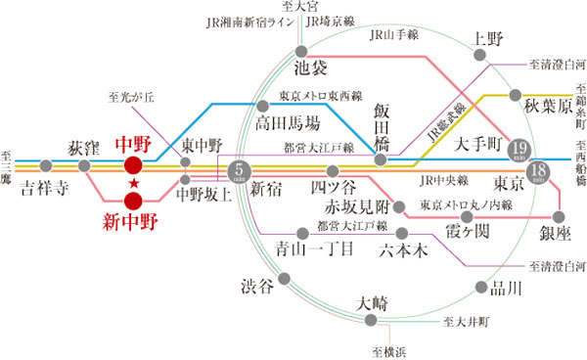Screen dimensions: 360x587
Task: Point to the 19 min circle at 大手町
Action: [x=520, y=150]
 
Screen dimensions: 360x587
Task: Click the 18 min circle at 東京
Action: [x=536, y=173]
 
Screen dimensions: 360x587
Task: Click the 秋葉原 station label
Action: [x=546, y=106]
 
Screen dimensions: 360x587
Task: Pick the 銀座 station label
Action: [x=554, y=233]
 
